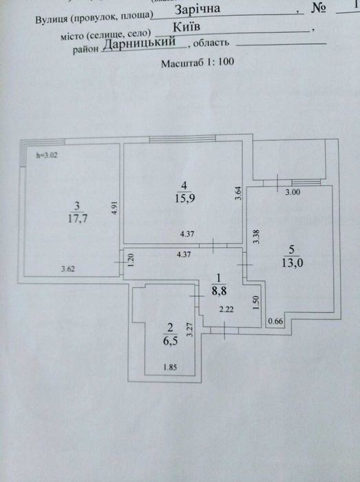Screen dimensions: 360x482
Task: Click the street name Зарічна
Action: (x=198, y=8)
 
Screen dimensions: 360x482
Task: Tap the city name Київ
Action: (x=187, y=27)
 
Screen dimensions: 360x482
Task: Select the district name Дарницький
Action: (x=139, y=43)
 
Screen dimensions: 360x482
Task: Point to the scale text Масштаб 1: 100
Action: (x=198, y=63)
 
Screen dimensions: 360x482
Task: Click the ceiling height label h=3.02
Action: (x=47, y=155)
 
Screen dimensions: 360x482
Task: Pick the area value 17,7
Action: (x=78, y=218)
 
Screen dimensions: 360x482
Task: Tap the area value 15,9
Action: (x=185, y=198)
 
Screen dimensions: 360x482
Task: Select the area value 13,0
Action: (x=293, y=263)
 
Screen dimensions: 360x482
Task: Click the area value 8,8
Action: (x=219, y=291)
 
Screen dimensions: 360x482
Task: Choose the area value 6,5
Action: (x=170, y=341)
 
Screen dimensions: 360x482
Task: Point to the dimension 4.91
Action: (x=114, y=208)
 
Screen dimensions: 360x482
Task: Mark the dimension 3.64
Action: (x=239, y=193)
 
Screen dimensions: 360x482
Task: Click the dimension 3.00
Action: (x=293, y=192)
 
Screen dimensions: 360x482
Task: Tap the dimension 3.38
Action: (x=256, y=237)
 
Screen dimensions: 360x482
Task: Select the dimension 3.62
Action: (x=68, y=269)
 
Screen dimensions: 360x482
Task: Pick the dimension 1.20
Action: (x=131, y=260)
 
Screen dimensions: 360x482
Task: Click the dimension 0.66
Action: (x=275, y=322)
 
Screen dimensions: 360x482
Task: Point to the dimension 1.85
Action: (x=170, y=367)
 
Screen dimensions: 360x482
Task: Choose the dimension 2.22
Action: (x=226, y=309)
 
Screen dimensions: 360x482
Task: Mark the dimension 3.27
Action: (x=190, y=329)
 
